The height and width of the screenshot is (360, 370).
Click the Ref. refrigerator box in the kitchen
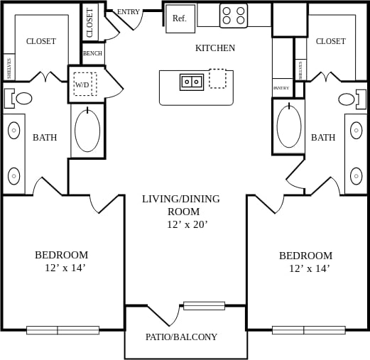(x=180, y=18)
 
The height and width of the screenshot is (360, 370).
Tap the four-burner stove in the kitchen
(x=234, y=16)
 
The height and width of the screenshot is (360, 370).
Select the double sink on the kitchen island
(x=191, y=82)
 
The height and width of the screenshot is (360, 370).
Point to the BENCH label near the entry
(x=92, y=53)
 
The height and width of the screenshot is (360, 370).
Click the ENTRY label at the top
(x=129, y=12)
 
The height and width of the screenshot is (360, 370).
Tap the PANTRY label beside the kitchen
(x=281, y=88)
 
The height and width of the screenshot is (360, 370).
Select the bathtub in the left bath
(x=87, y=130)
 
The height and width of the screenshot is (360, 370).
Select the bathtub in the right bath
(x=289, y=126)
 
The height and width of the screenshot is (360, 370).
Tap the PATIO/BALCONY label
(x=181, y=337)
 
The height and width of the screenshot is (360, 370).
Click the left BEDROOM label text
(x=62, y=255)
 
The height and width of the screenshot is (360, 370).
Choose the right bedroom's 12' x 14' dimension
(x=309, y=268)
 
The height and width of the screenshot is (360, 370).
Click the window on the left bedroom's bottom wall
(x=62, y=329)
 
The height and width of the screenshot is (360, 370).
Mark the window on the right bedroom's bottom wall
(x=308, y=329)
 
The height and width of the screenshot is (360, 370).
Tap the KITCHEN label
(x=215, y=48)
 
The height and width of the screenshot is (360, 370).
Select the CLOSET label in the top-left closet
(x=41, y=41)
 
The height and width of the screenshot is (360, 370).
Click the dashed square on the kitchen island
(x=217, y=78)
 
